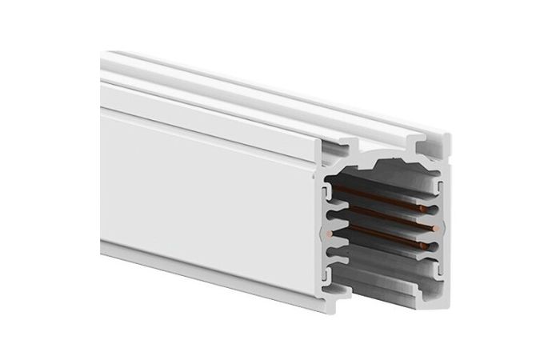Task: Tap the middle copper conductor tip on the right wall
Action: pos(433,228)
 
